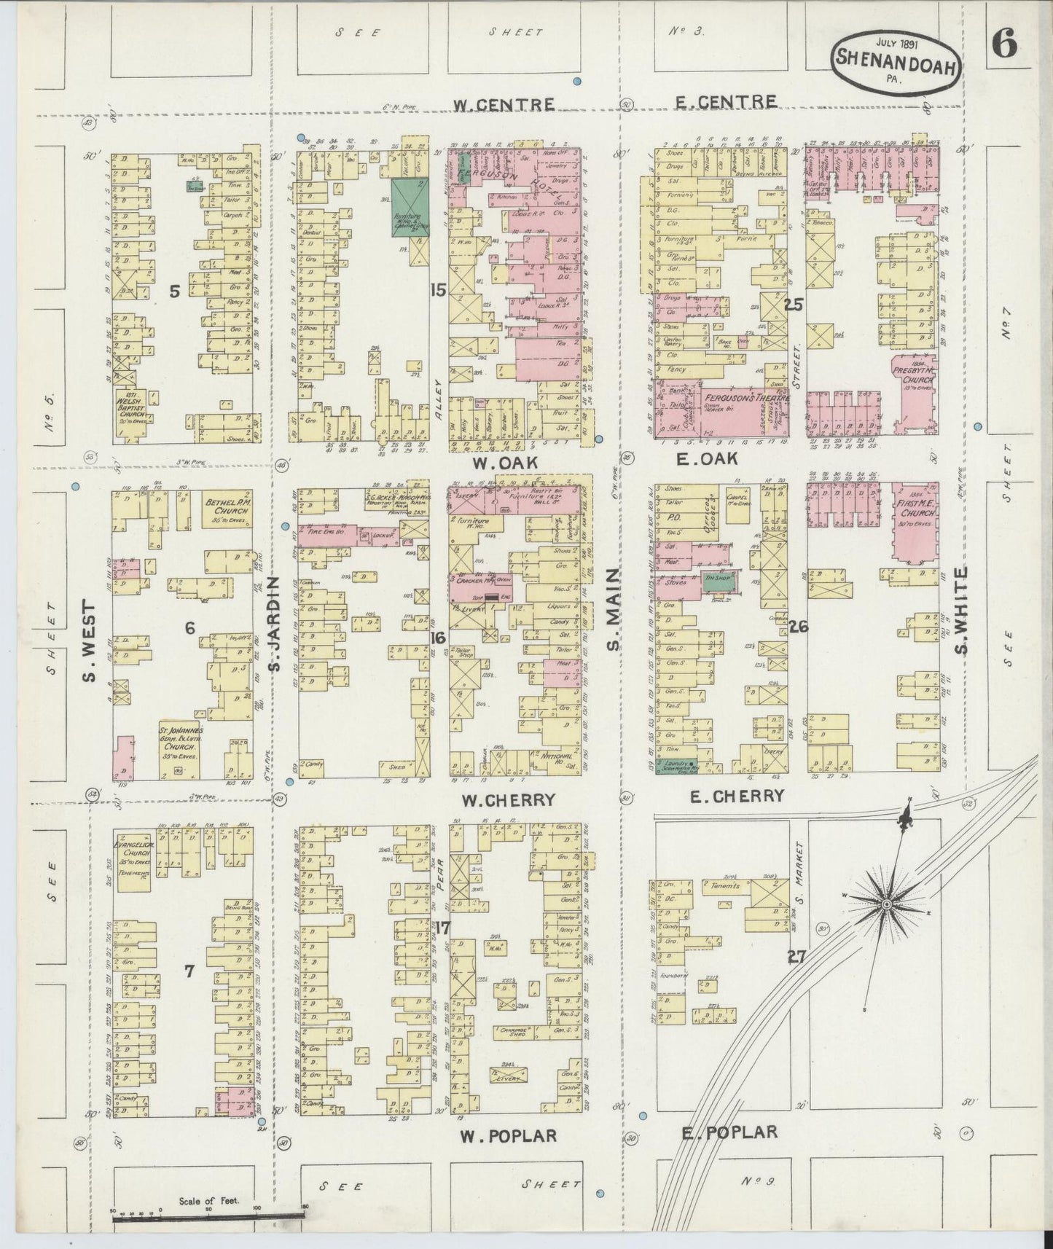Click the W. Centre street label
[x=504, y=104]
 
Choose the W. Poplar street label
[x=509, y=1135]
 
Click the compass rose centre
[x=887, y=904]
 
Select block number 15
[x=437, y=290]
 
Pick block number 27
[x=796, y=956]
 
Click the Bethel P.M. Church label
[x=227, y=506]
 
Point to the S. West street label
[x=89, y=641]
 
